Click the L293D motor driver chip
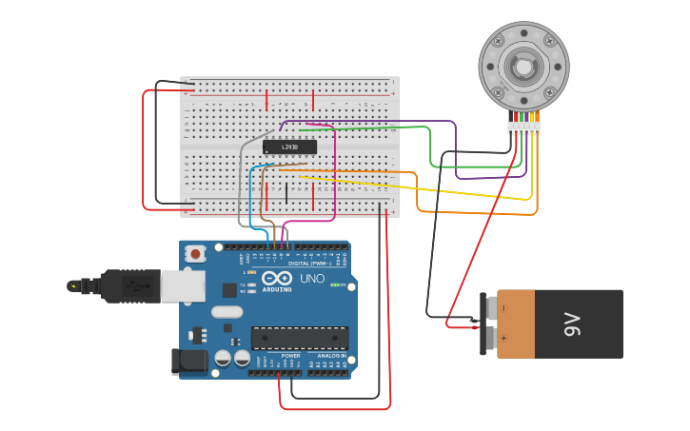pyautogui.click(x=289, y=147)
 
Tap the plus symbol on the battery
pyautogui.click(x=504, y=338)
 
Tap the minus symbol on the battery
pyautogui.click(x=504, y=308)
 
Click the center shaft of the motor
pyautogui.click(x=522, y=67)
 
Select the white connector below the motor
pyautogui.click(x=523, y=127)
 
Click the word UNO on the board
pyautogui.click(x=312, y=279)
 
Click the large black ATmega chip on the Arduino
pyautogui.click(x=299, y=338)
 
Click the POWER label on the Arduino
pyautogui.click(x=290, y=355)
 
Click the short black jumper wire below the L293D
pyautogui.click(x=286, y=193)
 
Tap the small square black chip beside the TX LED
pyautogui.click(x=229, y=289)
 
